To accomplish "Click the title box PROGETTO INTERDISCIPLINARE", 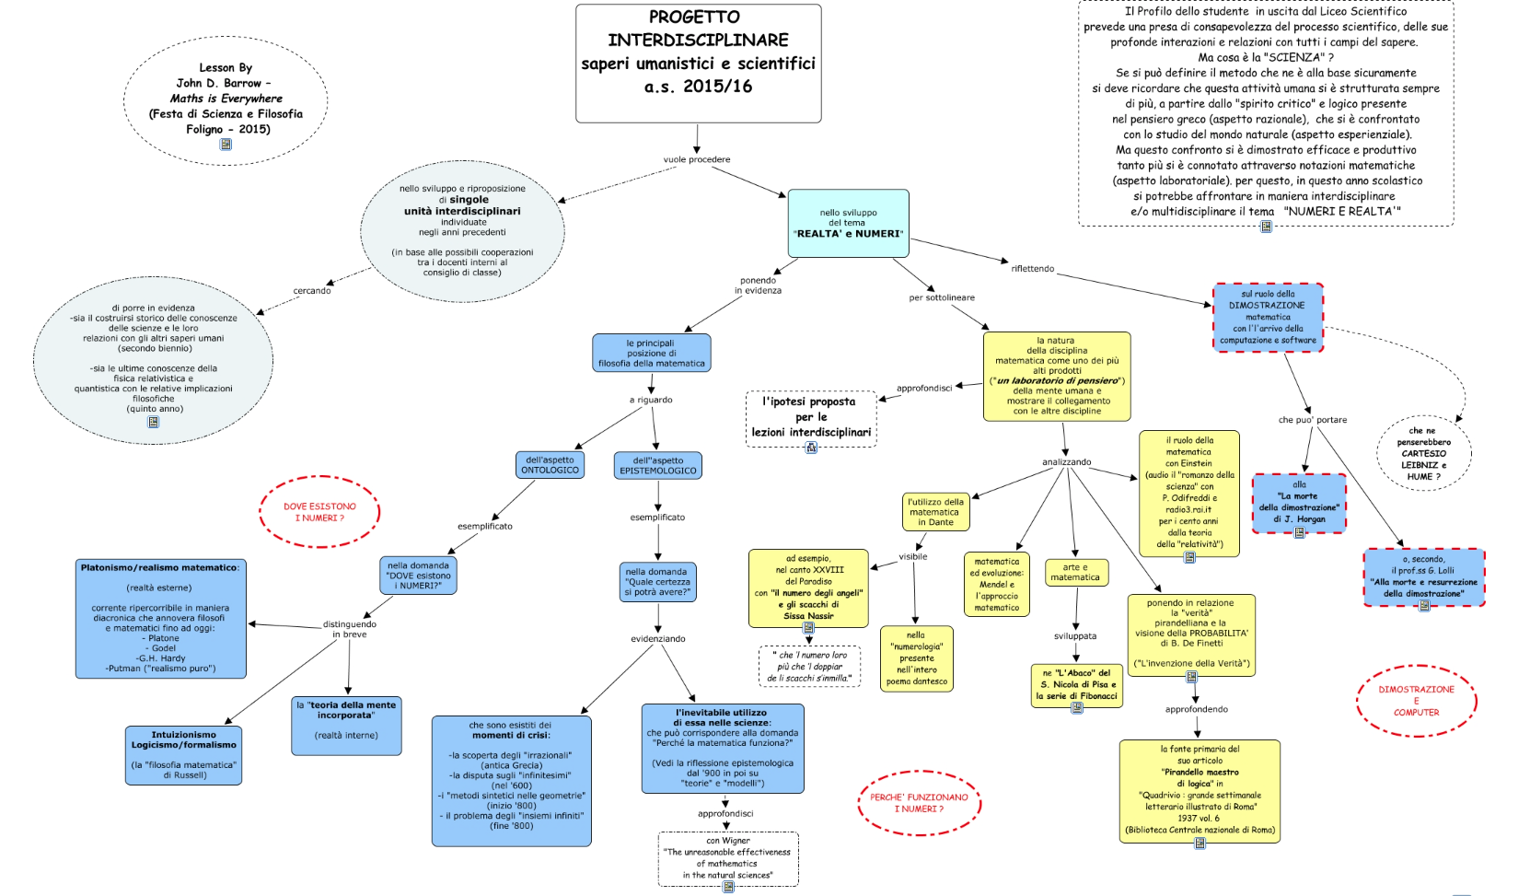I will [698, 63].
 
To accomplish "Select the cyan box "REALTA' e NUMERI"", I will [848, 223].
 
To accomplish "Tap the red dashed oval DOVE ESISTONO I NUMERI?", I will [319, 512].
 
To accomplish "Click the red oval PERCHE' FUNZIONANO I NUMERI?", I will [919, 803].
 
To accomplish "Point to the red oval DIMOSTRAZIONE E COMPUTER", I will [1416, 701].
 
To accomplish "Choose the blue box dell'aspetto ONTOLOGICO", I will [550, 465].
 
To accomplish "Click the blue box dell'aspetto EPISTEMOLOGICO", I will [657, 465].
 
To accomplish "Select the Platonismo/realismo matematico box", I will [160, 618].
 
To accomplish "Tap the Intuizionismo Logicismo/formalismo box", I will [183, 755].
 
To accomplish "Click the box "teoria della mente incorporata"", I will [346, 726].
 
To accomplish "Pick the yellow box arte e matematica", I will [1075, 573].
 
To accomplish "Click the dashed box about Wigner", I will [727, 858].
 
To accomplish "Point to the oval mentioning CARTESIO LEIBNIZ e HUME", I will [1423, 453].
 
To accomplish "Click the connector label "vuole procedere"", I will [697, 159].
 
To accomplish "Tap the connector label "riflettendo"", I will [1032, 269].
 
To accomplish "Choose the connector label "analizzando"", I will [1066, 462].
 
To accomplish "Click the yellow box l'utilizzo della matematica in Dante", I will [934, 512].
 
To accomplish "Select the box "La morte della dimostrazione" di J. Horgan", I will [1299, 503].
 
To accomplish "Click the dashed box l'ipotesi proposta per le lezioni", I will [810, 418].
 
